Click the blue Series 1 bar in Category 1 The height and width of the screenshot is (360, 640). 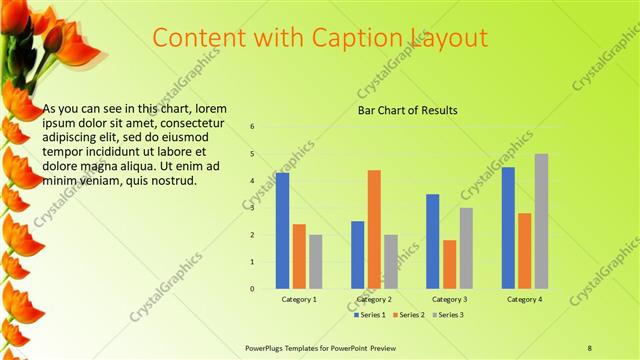pos(282,231)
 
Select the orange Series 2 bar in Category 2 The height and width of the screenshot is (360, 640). pos(374,229)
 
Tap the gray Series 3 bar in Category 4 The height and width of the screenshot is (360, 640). pos(541,221)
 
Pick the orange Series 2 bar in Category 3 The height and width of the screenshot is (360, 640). pos(450,264)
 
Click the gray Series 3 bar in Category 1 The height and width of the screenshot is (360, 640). pos(316,262)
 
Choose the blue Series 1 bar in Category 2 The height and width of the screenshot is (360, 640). pos(357,255)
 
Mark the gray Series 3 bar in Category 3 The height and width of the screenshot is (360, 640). pos(466,248)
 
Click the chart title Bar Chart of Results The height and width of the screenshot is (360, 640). pos(408,110)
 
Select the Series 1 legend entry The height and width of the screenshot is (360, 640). pos(372,315)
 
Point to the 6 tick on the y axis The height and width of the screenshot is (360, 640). pos(252,127)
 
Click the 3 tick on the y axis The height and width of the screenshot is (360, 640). pos(252,208)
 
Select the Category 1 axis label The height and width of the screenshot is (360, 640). pos(299,299)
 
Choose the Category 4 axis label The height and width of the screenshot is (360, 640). pos(524,299)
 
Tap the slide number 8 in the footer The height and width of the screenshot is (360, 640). pos(589,348)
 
